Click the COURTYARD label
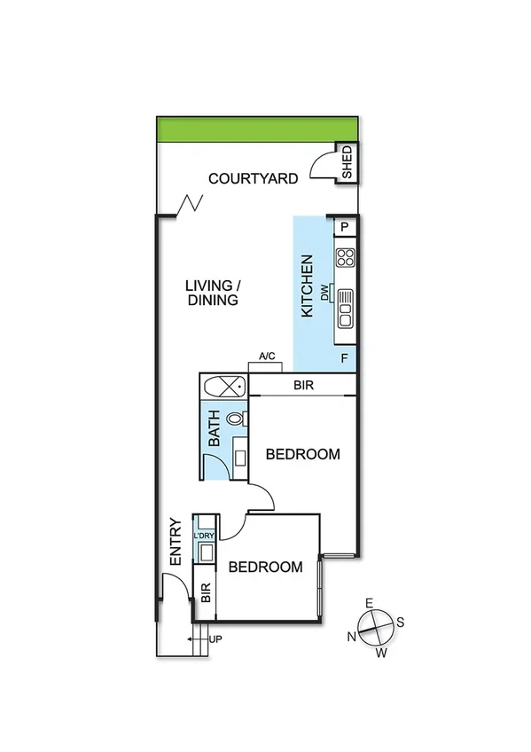pyautogui.click(x=253, y=179)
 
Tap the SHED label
pyautogui.click(x=347, y=162)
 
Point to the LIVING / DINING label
pyautogui.click(x=213, y=293)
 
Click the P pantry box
pyautogui.click(x=345, y=228)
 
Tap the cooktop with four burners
pyautogui.click(x=345, y=258)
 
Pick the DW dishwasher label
pyautogui.click(x=326, y=293)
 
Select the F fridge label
pyautogui.click(x=344, y=359)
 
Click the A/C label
pyautogui.click(x=267, y=356)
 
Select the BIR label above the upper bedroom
pyautogui.click(x=303, y=386)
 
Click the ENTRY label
pyautogui.click(x=176, y=542)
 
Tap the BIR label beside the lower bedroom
pyautogui.click(x=205, y=593)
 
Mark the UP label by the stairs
pyautogui.click(x=215, y=638)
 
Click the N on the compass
pyautogui.click(x=352, y=636)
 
